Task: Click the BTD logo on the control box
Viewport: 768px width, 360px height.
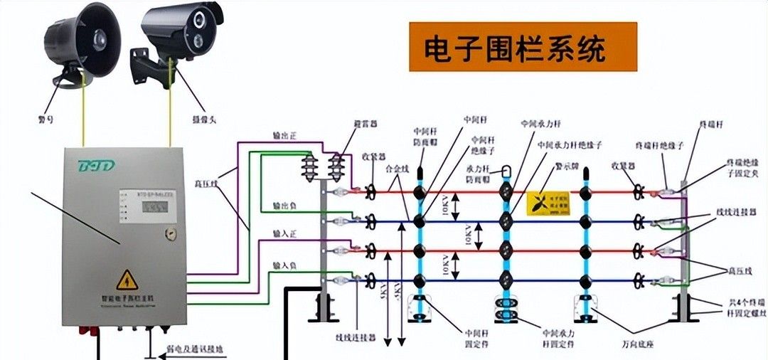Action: pos(97,166)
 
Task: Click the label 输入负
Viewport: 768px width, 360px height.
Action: pos(284,265)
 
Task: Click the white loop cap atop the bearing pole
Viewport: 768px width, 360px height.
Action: pos(506,171)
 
